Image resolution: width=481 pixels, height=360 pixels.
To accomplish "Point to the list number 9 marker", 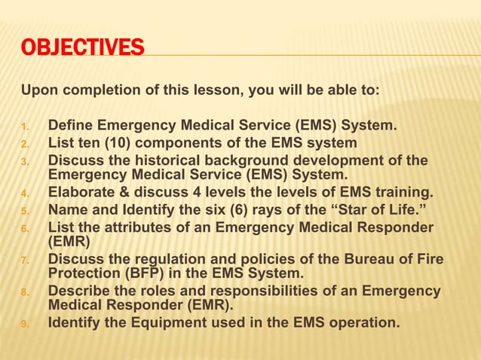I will pyautogui.click(x=25, y=325).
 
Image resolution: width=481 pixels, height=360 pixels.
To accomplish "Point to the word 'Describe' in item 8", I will pyautogui.click(x=77, y=291).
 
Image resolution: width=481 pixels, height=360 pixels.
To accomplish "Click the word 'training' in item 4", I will pyautogui.click(x=403, y=191).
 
